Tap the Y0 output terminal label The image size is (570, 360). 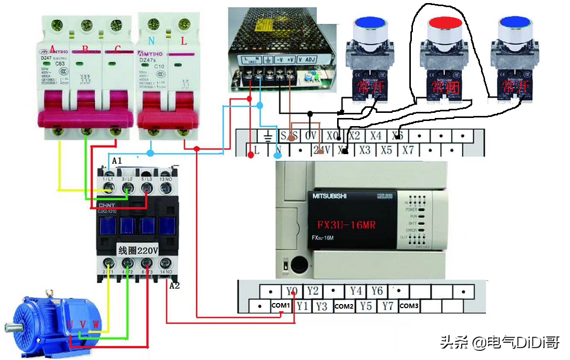click(291, 291)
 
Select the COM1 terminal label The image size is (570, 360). click(280, 306)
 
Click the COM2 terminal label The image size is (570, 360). click(344, 306)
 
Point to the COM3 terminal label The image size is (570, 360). click(409, 306)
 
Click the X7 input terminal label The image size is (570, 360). click(408, 151)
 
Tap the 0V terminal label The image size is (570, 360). click(310, 136)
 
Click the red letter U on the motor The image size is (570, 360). click(70, 324)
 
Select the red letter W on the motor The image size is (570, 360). click(96, 324)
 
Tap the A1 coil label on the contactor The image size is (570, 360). click(117, 161)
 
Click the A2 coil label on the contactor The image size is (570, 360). click(174, 285)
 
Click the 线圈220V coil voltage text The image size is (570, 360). click(138, 251)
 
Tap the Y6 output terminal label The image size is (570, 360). click(377, 291)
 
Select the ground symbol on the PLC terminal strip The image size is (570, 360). click(267, 136)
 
